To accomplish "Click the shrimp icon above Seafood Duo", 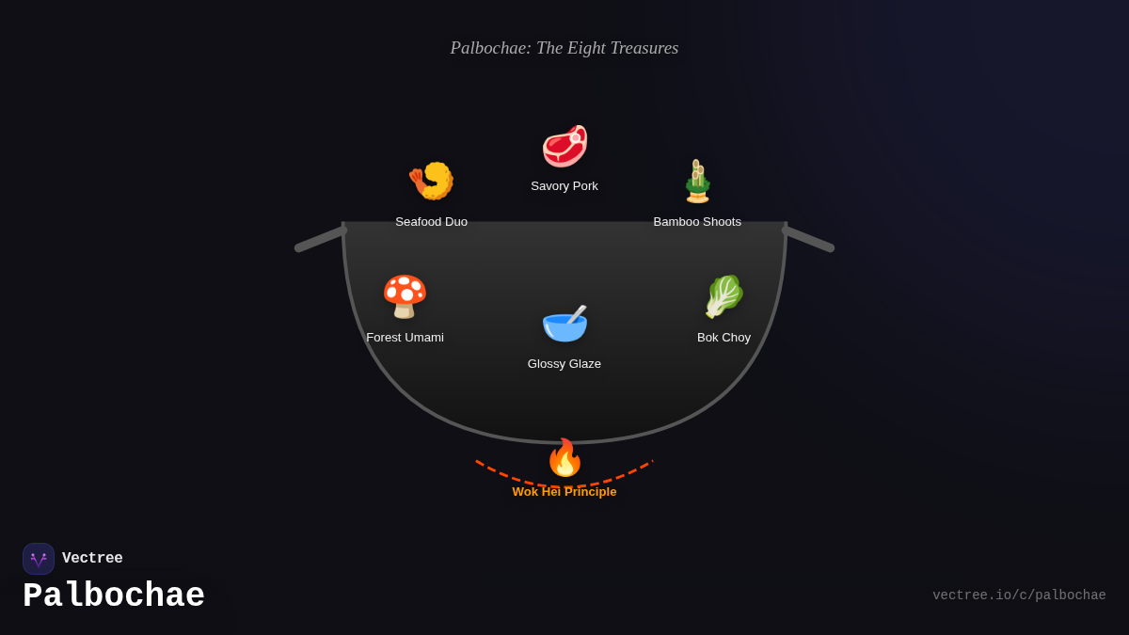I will [x=431, y=181].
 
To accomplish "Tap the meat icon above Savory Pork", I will [x=564, y=146].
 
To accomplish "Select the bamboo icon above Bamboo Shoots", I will [x=697, y=181].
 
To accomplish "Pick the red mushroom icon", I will [x=405, y=296].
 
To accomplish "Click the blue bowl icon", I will [x=564, y=323].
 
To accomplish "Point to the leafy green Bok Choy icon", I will [x=724, y=296].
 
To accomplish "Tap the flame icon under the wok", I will [x=564, y=458].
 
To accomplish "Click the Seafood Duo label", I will [x=431, y=222].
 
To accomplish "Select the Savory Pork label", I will [x=564, y=186].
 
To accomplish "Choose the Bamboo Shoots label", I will [x=697, y=222].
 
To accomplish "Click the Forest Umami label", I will [x=405, y=338].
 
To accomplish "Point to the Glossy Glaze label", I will [x=564, y=364].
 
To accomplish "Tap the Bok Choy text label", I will [x=724, y=338].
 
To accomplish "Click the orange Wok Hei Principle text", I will [x=564, y=492].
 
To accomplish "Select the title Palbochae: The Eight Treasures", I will [x=564, y=48].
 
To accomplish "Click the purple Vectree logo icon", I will [x=39, y=559].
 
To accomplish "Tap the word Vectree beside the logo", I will [x=92, y=559].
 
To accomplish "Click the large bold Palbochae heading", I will [x=114, y=596].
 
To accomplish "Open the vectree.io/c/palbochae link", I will [x=1019, y=595].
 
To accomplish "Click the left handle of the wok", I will [x=321, y=239].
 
